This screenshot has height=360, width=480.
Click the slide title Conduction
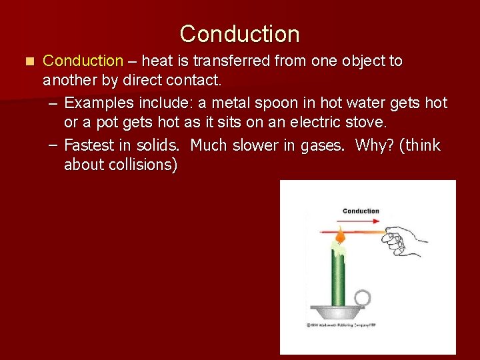[239, 33]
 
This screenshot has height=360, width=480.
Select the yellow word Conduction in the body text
[83, 61]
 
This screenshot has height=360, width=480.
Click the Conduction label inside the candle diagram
[361, 211]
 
